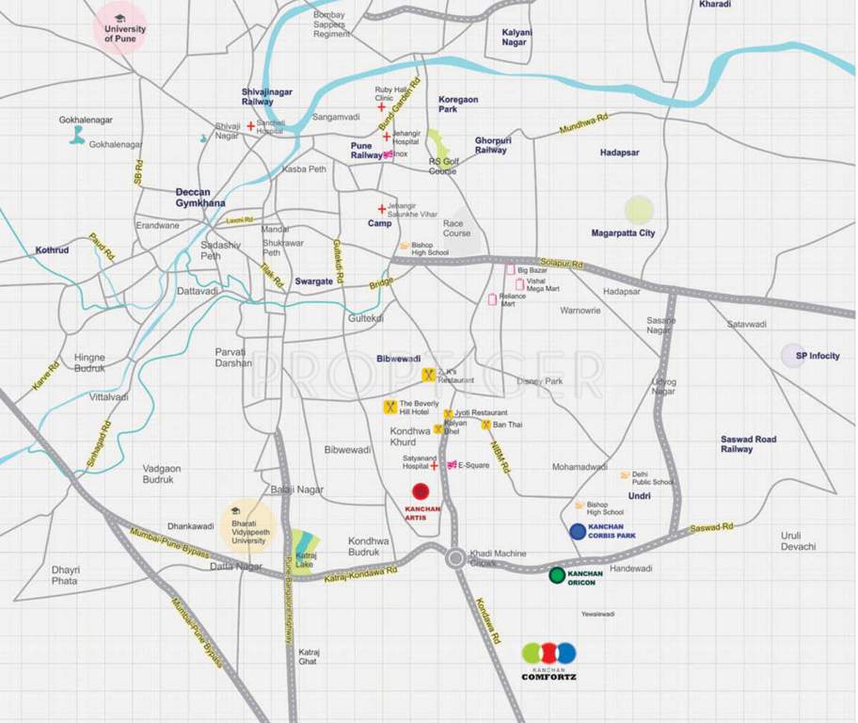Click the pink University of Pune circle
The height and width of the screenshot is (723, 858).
click(x=119, y=27)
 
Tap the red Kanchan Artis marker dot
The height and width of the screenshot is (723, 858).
click(x=421, y=490)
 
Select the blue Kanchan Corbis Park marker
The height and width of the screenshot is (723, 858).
click(x=578, y=531)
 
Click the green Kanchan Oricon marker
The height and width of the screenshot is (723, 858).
click(x=557, y=574)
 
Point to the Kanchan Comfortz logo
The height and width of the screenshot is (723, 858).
click(x=548, y=660)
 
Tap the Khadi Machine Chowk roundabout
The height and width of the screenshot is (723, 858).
click(x=455, y=557)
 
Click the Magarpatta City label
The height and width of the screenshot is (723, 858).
click(x=623, y=233)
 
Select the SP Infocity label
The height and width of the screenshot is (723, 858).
click(x=817, y=356)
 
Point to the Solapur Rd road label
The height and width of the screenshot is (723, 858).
click(x=562, y=265)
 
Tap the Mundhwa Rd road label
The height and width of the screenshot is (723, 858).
click(x=584, y=127)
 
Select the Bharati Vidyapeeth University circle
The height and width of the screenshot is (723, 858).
click(x=247, y=522)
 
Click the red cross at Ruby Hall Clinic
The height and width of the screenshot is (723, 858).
click(x=381, y=107)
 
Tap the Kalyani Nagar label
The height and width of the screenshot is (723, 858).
click(x=516, y=37)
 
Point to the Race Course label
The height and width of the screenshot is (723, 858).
click(x=456, y=228)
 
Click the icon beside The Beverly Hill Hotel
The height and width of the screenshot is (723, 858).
click(x=389, y=408)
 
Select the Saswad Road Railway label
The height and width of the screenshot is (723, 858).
click(x=749, y=443)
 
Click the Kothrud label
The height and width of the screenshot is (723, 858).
click(x=53, y=250)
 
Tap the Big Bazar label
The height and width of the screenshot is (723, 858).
click(x=532, y=270)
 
